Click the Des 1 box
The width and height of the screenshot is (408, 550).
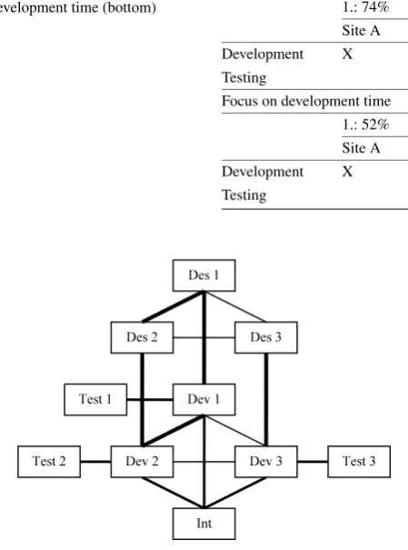coord(204,275)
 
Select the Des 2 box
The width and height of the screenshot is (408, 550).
coord(142,337)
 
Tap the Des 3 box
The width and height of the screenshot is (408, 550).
coord(266,337)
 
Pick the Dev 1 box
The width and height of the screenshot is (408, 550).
coord(204,399)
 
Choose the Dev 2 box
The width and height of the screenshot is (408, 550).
coord(142,462)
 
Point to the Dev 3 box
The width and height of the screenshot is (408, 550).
coord(266,462)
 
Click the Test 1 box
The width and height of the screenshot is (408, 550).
coord(95,399)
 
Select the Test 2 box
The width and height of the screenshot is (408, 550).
coord(49,462)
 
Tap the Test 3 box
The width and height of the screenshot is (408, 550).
coord(359,462)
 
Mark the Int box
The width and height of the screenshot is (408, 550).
coord(204,524)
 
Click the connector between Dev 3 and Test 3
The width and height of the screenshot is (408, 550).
coord(313,462)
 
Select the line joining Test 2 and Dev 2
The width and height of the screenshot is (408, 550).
coord(95,462)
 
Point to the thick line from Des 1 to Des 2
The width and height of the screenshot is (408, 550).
coord(174,306)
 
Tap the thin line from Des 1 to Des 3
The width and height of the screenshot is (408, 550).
coord(235,306)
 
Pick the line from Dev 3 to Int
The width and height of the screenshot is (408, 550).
coord(235,493)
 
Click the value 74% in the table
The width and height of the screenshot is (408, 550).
coord(375,7)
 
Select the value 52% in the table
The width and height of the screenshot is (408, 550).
coord(375,125)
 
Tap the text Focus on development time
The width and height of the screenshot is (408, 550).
coord(306,101)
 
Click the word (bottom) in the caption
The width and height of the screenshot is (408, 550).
coord(129,7)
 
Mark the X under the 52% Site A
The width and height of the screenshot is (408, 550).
coord(347,172)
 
